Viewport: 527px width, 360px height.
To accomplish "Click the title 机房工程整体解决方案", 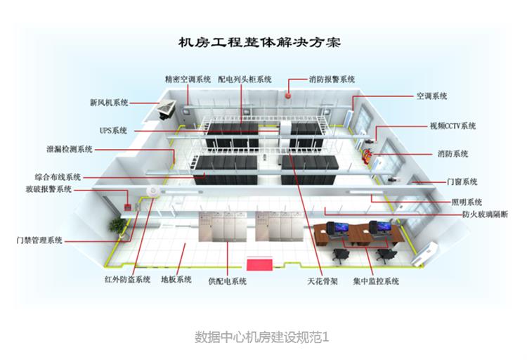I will [261, 42].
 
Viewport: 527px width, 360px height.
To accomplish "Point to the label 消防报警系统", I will [332, 79].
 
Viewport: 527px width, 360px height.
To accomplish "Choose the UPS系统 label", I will [113, 130].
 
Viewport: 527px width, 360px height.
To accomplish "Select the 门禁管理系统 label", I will [39, 240].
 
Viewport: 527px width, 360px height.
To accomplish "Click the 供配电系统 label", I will [227, 281].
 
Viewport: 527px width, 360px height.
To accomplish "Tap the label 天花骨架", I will [323, 281].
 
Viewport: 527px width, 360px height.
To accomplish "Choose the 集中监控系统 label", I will [375, 281].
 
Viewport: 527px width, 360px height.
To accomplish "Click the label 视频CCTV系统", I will [453, 126].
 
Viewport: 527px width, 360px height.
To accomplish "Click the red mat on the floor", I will [258, 264].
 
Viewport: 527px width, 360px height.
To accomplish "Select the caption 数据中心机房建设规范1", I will [261, 337].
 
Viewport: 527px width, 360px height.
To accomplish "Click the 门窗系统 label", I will [462, 181].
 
